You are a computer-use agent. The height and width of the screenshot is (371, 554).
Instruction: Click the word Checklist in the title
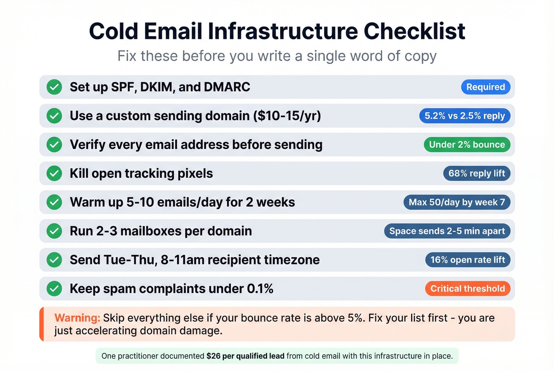coord(414,31)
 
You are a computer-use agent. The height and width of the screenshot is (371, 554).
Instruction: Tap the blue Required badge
coord(486,87)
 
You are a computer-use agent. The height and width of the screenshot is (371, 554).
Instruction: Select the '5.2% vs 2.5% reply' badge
coord(465,116)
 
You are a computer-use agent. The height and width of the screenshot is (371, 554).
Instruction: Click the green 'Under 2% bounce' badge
coord(467,145)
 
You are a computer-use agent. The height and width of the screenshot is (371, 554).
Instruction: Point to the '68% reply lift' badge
coord(476,173)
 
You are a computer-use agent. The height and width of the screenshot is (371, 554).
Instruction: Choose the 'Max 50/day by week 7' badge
coord(457,202)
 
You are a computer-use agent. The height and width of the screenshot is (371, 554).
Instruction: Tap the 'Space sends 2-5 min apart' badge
coord(447,231)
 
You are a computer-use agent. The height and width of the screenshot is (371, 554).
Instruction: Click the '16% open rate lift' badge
coord(468,260)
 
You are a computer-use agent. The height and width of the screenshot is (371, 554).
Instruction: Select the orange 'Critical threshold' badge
coord(468,289)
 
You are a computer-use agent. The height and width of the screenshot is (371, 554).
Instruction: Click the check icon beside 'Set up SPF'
coord(54,87)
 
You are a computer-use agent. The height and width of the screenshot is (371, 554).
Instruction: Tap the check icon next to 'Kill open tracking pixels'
coord(54,173)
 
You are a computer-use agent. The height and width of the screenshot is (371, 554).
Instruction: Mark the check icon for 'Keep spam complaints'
coord(54,289)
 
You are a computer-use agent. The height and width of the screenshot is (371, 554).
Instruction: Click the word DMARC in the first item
coord(227,87)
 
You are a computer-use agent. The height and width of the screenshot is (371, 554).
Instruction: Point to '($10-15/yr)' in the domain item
coord(289,116)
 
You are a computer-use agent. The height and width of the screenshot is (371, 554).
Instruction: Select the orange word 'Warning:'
coord(77,318)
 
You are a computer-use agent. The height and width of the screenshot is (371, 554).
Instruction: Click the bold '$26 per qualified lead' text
coord(245,356)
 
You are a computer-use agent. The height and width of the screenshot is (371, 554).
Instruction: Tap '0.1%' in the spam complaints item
coord(260,289)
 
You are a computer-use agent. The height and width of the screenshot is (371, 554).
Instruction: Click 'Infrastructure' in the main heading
coord(283,31)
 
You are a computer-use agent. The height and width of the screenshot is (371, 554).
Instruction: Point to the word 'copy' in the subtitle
coord(420,56)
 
